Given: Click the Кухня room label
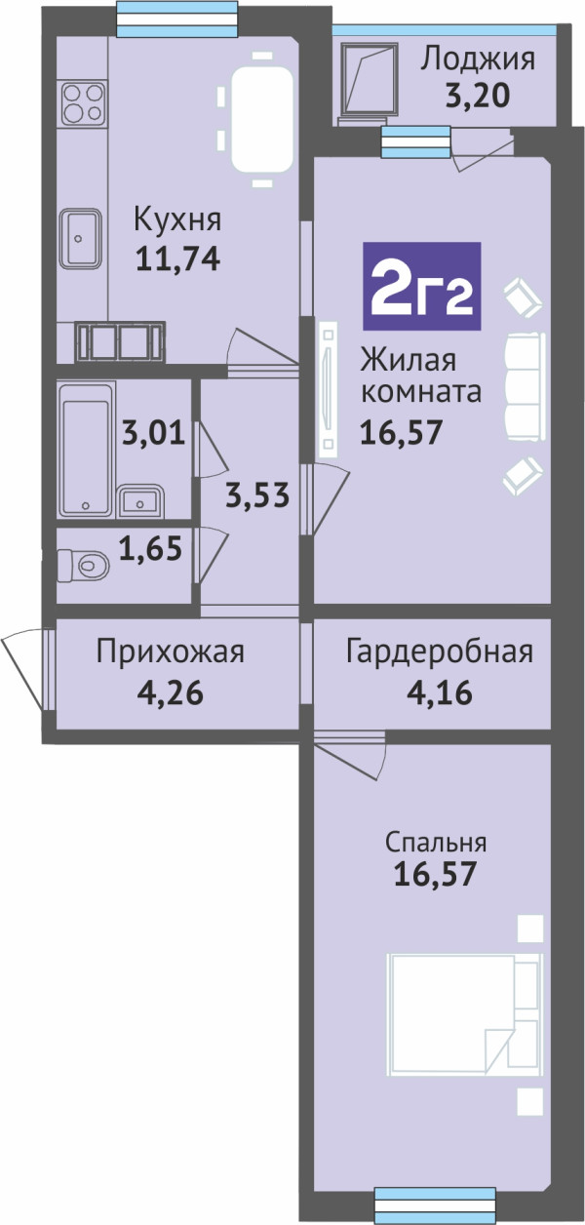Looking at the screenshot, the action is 177,219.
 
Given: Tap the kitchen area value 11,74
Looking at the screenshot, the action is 177,258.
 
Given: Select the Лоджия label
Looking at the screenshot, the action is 478,59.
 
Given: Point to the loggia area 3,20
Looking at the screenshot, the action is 478,96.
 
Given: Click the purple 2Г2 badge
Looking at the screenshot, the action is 421,286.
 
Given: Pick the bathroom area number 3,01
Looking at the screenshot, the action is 154,433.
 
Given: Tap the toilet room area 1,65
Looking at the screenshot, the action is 150,548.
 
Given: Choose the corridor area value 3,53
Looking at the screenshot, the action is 257,495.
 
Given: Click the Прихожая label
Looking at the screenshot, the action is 170,652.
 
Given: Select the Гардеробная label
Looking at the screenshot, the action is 440,652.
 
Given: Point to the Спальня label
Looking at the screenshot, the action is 436,843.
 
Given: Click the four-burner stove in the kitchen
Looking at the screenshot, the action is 83,102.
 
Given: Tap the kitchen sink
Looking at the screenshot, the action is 80,238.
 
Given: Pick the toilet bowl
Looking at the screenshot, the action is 84,564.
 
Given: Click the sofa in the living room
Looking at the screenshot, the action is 526,386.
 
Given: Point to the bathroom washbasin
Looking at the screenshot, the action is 140,500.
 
